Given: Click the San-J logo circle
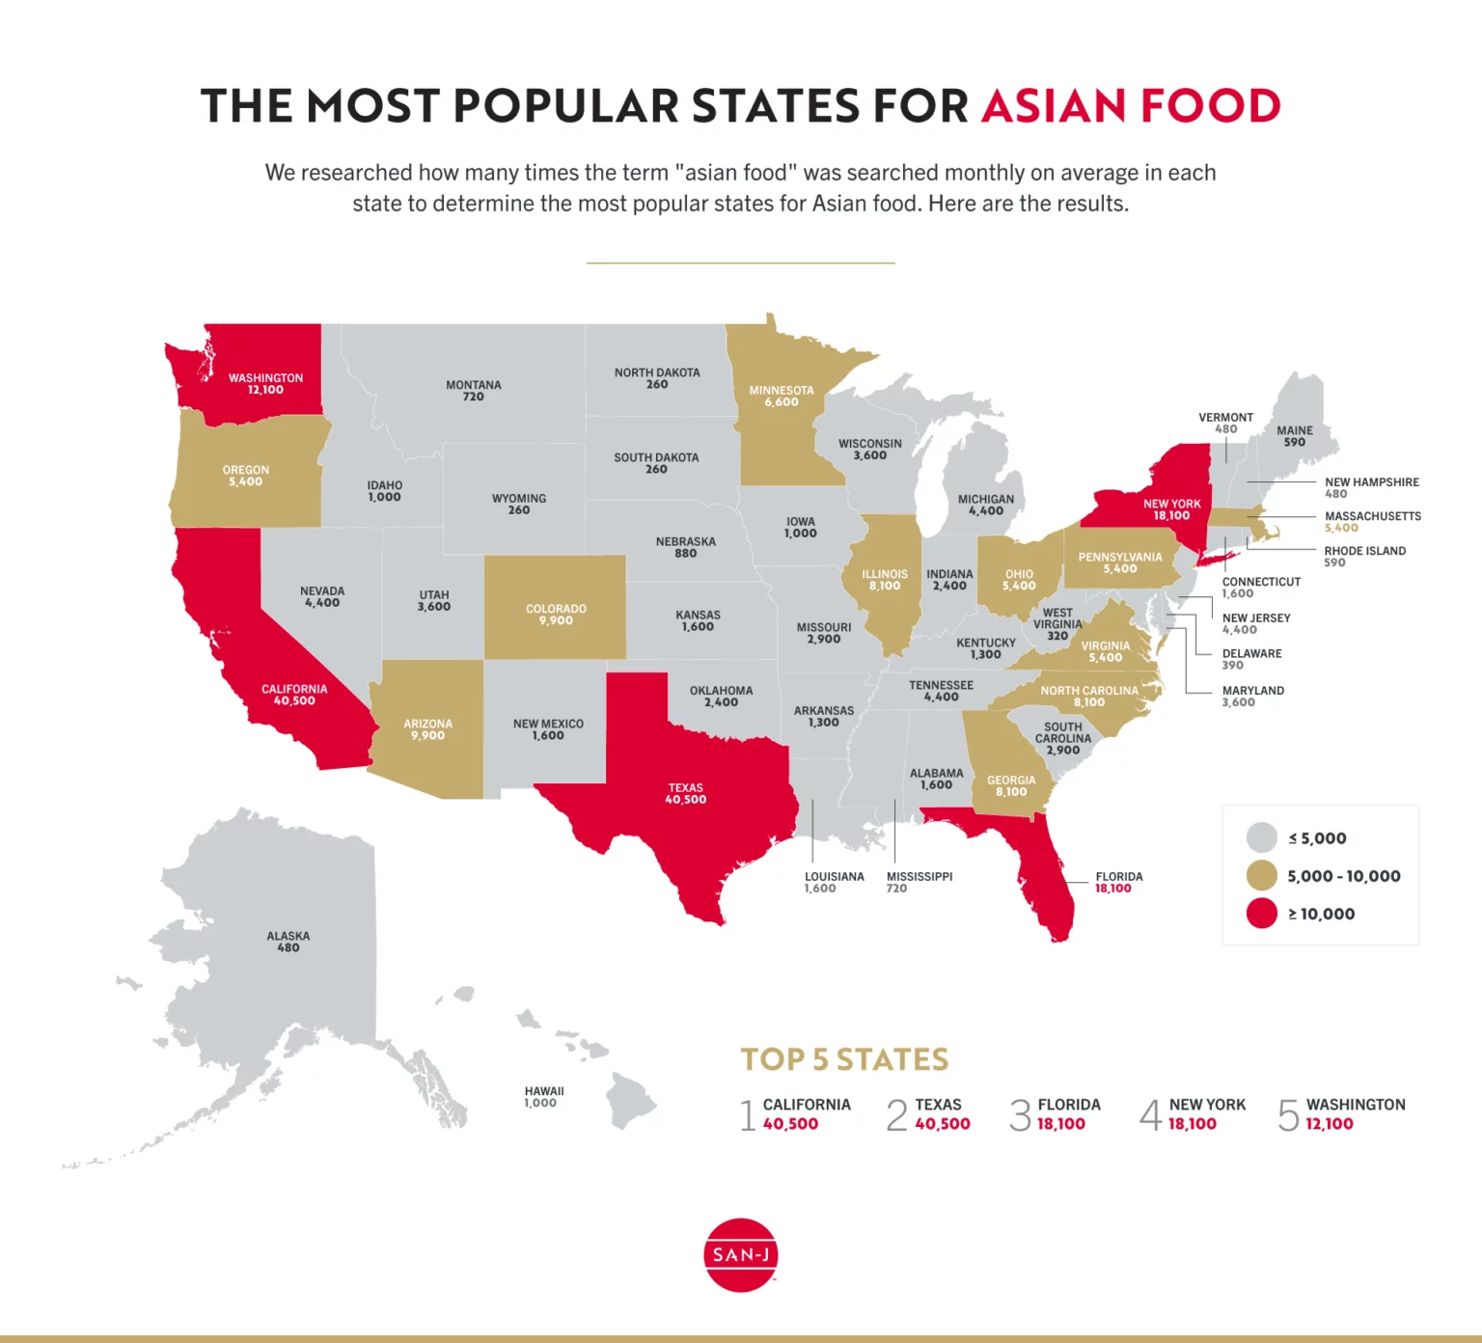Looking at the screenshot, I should (x=740, y=1254).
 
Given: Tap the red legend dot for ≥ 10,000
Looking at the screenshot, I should (x=1261, y=914).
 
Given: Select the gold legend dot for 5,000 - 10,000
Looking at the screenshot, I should (x=1261, y=876).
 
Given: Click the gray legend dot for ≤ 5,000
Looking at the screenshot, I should (x=1261, y=837).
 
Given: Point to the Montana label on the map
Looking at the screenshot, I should (x=473, y=385).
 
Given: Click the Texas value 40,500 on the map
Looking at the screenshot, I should (x=685, y=800).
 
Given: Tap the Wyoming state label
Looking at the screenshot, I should (x=519, y=499).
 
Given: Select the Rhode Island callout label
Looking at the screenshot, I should (x=1364, y=551).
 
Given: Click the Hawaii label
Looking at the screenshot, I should (x=544, y=1091).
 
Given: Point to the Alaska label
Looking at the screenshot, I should (x=288, y=936).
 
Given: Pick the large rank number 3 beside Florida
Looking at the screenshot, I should (x=1020, y=1115).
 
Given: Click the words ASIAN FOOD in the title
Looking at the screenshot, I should (x=1131, y=106).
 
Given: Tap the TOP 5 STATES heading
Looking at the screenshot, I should (x=844, y=1059).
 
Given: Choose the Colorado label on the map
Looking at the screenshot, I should (x=556, y=609).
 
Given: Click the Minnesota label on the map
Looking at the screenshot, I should (x=782, y=391).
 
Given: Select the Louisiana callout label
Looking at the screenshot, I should (x=835, y=877).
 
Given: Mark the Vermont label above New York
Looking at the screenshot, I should (x=1225, y=418).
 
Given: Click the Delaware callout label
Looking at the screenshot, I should (x=1251, y=653).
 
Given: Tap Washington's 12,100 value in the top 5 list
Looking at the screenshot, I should (x=1329, y=1124).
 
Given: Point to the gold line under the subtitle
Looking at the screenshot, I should (x=740, y=262).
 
